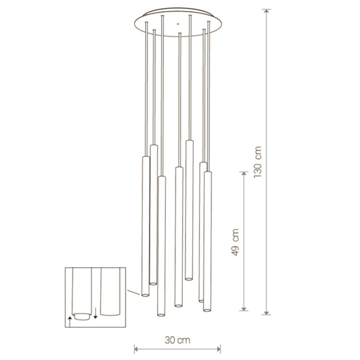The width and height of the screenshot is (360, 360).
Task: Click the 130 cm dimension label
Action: (258, 162)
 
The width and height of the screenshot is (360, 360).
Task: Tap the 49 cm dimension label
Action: (235, 242)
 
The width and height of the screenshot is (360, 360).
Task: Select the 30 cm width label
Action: (177, 340)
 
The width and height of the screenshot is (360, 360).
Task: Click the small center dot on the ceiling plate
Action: (177, 24)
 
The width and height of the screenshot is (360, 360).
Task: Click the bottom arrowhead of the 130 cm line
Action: (266, 313)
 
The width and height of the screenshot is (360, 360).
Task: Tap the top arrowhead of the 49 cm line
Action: (244, 174)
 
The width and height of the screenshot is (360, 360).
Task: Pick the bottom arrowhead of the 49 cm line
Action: (244, 309)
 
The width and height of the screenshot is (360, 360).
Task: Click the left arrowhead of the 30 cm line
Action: (136, 350)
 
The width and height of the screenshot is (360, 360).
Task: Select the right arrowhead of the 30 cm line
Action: (218, 350)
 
